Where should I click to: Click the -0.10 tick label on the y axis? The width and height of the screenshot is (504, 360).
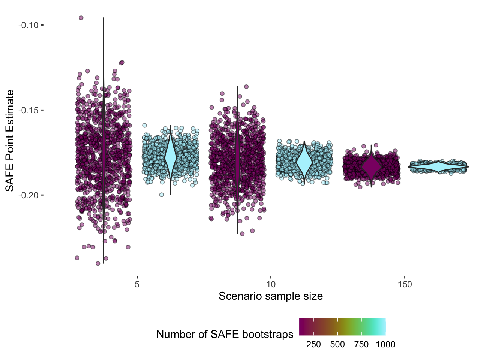tap(28, 25)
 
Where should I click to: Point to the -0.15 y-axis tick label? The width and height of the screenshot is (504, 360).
tap(28, 110)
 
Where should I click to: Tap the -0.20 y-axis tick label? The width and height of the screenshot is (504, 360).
tap(28, 195)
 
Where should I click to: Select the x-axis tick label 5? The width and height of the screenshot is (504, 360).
tap(137, 284)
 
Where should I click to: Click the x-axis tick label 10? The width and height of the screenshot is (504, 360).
tap(271, 284)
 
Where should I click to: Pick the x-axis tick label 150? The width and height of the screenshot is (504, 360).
tap(405, 284)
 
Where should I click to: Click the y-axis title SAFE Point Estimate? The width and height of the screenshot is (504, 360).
tap(10, 141)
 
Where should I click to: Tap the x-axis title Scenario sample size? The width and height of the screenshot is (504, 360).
tap(271, 296)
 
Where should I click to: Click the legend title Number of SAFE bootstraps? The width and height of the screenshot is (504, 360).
tap(225, 334)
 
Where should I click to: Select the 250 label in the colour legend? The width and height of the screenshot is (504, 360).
tap(313, 344)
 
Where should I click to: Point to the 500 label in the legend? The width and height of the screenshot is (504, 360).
tap(337, 344)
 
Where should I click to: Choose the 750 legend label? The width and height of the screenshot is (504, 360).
tap(361, 344)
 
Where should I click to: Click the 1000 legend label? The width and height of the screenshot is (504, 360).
tap(385, 344)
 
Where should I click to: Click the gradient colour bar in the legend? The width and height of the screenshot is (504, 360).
tap(342, 327)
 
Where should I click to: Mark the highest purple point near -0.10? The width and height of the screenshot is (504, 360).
tap(81, 18)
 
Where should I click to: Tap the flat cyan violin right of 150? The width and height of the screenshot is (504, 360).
tap(438, 167)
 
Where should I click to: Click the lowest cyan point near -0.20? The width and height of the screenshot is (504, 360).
tap(161, 195)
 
